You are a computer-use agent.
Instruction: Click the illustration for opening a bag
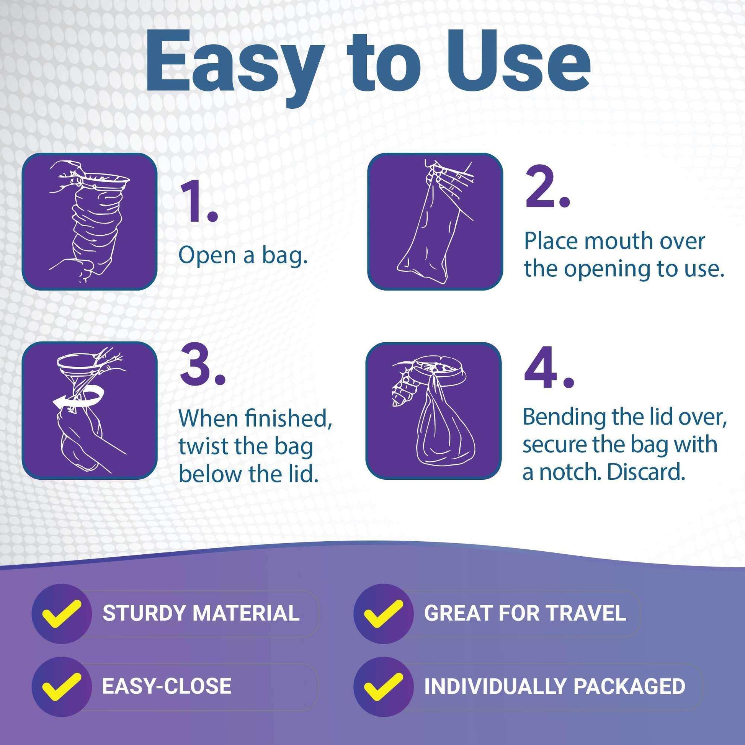[90, 221]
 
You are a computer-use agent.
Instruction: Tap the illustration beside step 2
[435, 221]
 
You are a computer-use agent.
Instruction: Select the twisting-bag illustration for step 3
[90, 410]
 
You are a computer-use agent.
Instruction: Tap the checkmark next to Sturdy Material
[62, 613]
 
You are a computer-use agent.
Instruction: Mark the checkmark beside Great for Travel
[383, 613]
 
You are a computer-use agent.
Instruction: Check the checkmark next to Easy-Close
[62, 686]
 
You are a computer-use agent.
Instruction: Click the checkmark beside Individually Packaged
[383, 686]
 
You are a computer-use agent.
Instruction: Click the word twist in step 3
[203, 446]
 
